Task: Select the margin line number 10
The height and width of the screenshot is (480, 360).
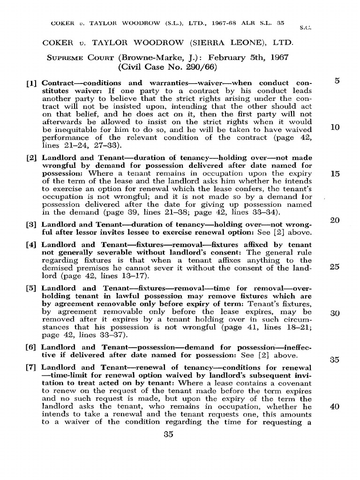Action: click(335, 127)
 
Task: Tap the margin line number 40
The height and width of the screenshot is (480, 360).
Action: click(335, 406)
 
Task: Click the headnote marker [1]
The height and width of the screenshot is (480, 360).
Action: click(33, 83)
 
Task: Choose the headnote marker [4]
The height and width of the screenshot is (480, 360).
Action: click(33, 245)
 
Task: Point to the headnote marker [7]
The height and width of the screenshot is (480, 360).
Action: click(33, 368)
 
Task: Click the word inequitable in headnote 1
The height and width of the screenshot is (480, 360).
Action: click(71, 129)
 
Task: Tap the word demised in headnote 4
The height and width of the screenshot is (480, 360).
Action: click(57, 268)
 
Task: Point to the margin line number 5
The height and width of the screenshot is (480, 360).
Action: click(337, 81)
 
